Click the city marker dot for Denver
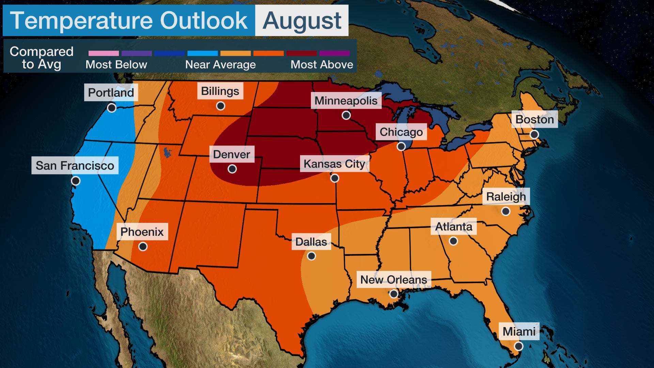tap(232, 169)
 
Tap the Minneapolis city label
tap(346, 101)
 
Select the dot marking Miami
tap(518, 346)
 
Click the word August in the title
tap(302, 20)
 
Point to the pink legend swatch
tap(104, 53)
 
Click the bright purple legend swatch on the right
tap(334, 53)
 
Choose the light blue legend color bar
tap(202, 53)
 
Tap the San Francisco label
tap(75, 166)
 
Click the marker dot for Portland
tap(111, 108)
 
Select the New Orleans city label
tap(393, 279)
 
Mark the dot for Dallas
tap(311, 256)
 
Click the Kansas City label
tap(334, 164)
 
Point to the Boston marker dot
tap(534, 134)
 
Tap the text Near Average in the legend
tap(220, 65)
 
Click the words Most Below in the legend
tap(116, 65)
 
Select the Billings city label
tap(220, 91)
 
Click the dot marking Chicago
tap(401, 147)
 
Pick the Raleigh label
tap(506, 197)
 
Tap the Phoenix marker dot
tap(143, 246)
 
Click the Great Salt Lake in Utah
tap(167, 152)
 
